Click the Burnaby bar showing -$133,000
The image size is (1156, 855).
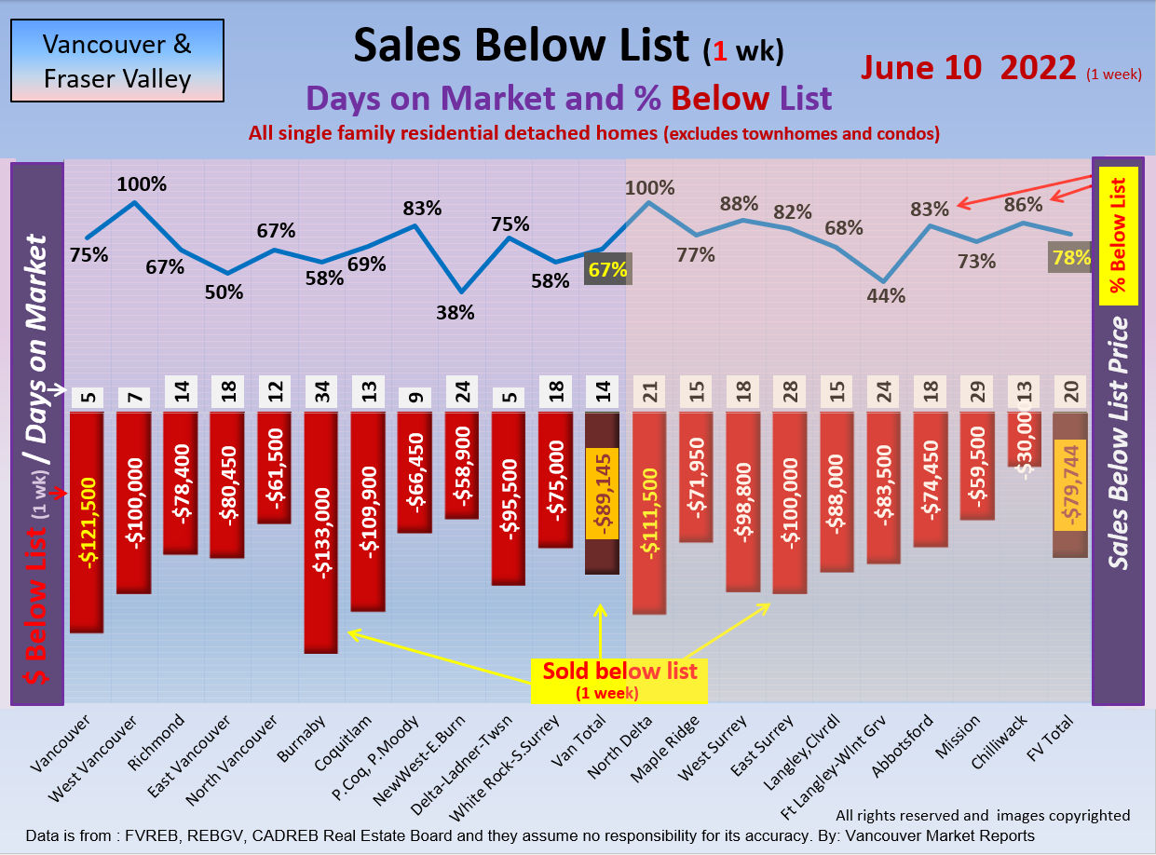pos(320,531)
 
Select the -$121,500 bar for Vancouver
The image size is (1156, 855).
pos(86,522)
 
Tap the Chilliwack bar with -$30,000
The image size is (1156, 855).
pos(1024,439)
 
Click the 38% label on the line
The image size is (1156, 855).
pos(456,313)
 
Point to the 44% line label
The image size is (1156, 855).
pos(886,296)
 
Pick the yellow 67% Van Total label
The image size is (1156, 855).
pos(607,270)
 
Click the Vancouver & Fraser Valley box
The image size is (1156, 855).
pos(116,61)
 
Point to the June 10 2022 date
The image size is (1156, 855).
pos(969,68)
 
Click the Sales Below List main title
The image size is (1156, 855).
pos(522,46)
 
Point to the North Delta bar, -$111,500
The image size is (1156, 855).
pos(648,512)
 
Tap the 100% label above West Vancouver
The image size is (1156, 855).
pos(142,183)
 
